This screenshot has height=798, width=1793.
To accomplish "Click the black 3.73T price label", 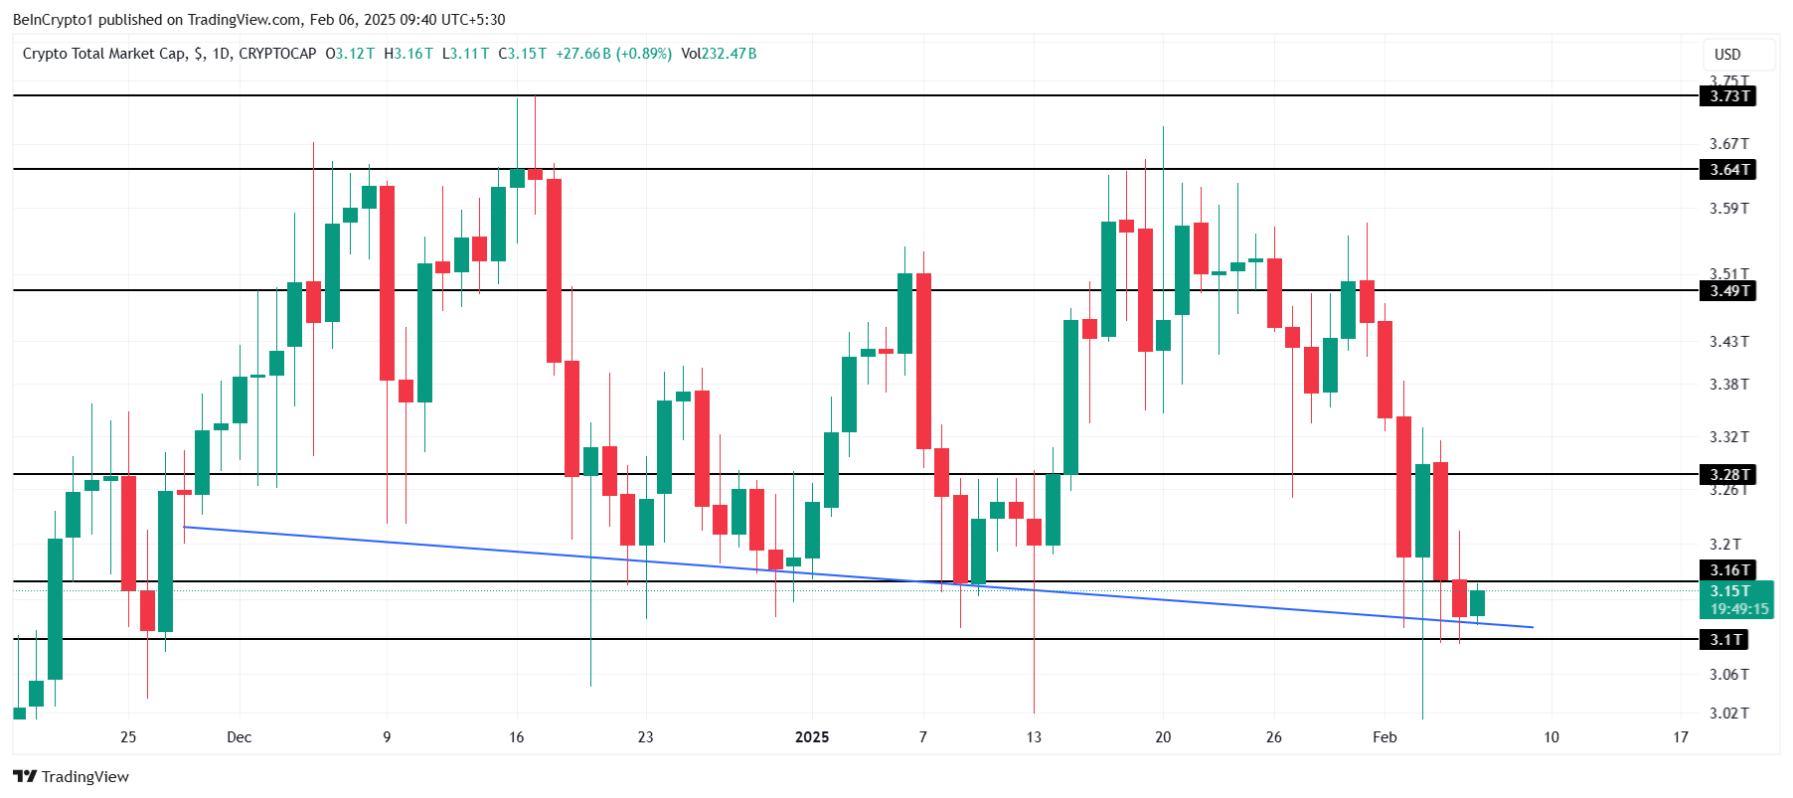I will [1729, 96].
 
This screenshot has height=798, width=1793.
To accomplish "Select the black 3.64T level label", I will [1729, 170].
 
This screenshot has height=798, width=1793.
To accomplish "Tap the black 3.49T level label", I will [1729, 291].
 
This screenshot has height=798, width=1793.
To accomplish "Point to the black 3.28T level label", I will [1729, 475].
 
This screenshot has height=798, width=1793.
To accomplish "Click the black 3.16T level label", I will [1729, 570].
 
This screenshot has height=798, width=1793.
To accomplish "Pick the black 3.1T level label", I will [1725, 640].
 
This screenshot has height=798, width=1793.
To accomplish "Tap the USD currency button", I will [1727, 55].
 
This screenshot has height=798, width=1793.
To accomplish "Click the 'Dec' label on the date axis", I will [240, 737].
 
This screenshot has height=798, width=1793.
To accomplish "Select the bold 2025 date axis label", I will [812, 737].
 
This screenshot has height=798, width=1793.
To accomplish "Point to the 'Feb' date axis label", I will [1385, 737].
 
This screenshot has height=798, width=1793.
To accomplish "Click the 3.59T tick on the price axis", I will [1728, 209].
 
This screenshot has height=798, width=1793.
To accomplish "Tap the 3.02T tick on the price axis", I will [1728, 714].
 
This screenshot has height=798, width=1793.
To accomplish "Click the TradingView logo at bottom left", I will [72, 777].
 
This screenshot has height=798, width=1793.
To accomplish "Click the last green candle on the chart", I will [1477, 603].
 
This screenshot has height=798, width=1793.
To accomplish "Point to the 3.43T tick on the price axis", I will [1728, 342].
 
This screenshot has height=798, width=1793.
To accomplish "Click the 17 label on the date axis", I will [1681, 737].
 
